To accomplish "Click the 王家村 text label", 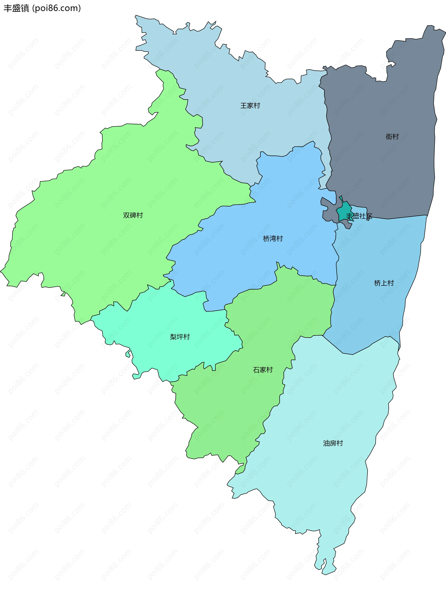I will pos(250,106).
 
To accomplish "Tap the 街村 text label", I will pos(392,137).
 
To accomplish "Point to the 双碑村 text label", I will pos(133,215).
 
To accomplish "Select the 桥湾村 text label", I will pos(273,239).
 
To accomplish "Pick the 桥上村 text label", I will pos(384,283).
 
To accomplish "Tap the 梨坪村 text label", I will pos(180,337).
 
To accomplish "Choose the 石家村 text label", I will pos(263,370).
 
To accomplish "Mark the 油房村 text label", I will pos(333,443).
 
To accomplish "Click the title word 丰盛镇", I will pos(16,8).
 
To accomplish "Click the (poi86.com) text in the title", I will pos(56,8).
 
